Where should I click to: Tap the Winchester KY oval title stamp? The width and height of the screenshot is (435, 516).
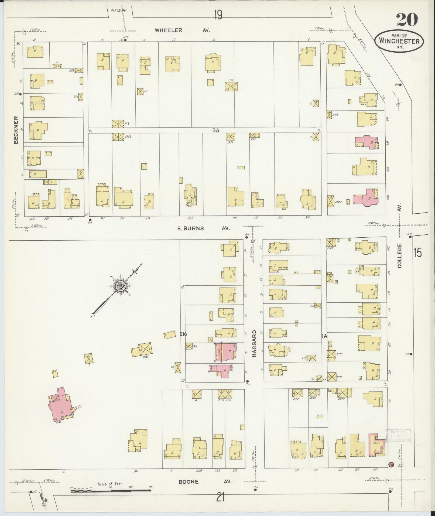[399, 41]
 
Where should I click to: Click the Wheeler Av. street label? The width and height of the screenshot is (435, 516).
[182, 30]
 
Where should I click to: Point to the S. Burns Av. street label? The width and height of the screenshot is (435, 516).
[203, 228]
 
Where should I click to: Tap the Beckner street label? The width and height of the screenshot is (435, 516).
[16, 130]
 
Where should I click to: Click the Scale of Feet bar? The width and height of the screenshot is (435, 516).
[111, 491]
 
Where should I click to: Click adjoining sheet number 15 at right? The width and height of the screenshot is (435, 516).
[418, 253]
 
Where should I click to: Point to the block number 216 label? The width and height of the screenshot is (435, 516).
[183, 334]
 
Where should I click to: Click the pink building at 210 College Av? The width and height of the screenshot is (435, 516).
[367, 142]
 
